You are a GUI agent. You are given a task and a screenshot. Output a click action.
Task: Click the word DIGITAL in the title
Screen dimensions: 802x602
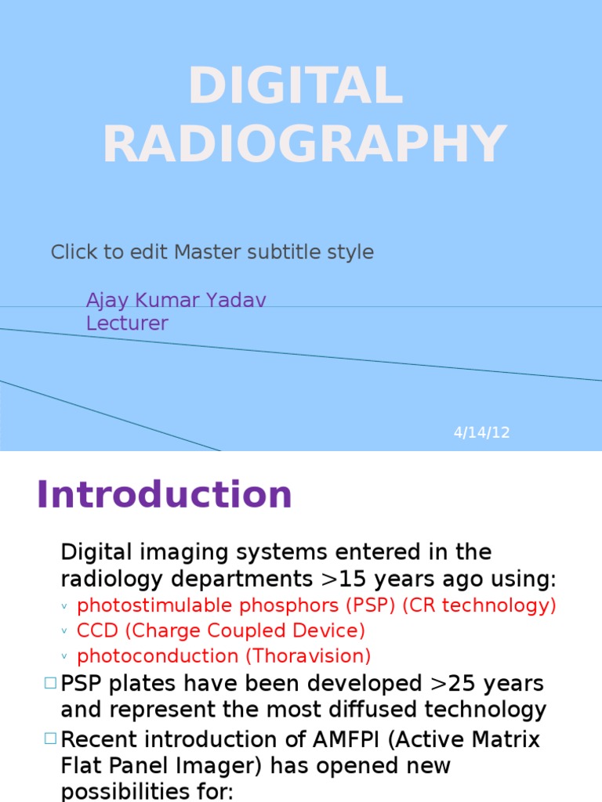click(296, 86)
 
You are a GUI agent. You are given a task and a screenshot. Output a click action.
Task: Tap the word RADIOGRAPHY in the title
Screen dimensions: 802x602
click(304, 144)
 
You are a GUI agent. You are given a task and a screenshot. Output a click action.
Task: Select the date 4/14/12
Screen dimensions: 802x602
click(481, 432)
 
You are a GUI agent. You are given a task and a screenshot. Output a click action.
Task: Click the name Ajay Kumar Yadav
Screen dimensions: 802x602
click(176, 300)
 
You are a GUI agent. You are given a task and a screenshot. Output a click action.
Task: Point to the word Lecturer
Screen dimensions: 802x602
click(127, 323)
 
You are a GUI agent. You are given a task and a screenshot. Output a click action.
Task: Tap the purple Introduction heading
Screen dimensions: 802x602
click(164, 495)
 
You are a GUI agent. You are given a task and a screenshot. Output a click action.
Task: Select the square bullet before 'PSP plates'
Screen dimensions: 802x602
click(51, 683)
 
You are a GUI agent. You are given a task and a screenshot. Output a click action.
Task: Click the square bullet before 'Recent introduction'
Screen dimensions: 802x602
click(51, 738)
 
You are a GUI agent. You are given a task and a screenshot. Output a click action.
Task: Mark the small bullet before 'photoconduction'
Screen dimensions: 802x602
click(64, 656)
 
